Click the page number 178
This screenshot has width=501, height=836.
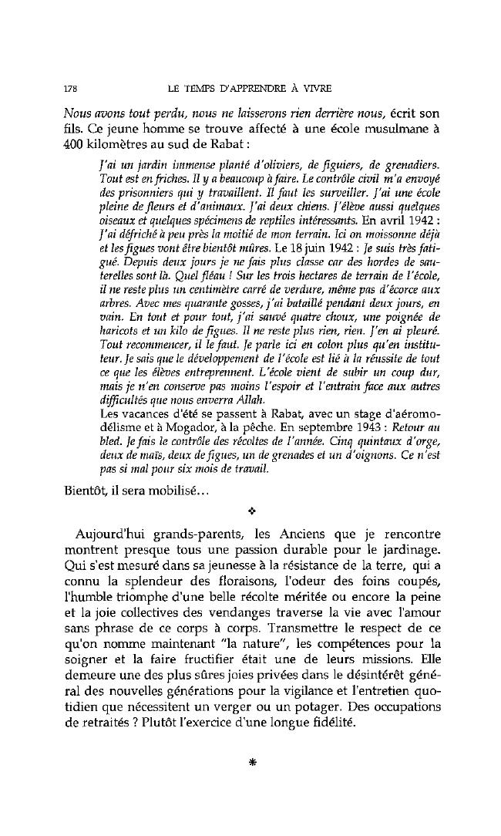click(70, 86)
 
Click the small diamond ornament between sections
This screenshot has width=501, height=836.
click(251, 511)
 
